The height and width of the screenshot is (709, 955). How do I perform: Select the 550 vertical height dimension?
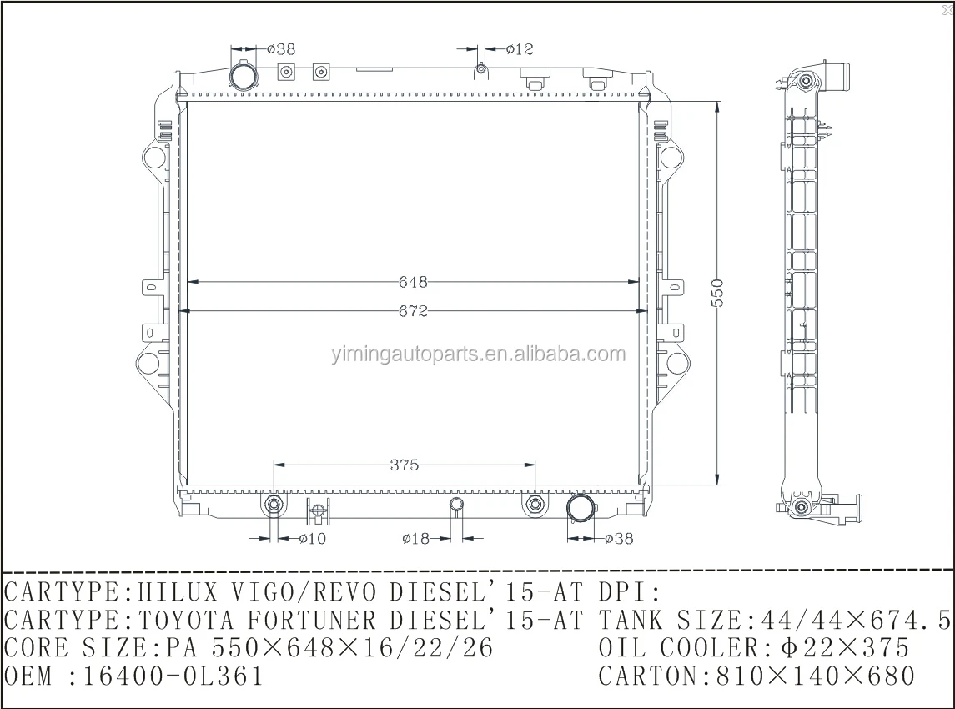tap(718, 293)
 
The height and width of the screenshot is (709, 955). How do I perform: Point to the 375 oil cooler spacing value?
tap(404, 465)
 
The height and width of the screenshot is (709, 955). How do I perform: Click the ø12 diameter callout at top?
tap(519, 49)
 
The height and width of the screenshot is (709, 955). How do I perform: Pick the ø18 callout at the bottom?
tap(415, 539)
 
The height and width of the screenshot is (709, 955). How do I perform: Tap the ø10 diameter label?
tap(313, 539)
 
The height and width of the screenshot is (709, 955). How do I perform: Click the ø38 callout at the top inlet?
tap(281, 49)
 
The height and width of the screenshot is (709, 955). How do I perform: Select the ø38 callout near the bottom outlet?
tap(619, 539)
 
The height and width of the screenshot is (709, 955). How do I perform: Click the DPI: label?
tap(630, 593)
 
